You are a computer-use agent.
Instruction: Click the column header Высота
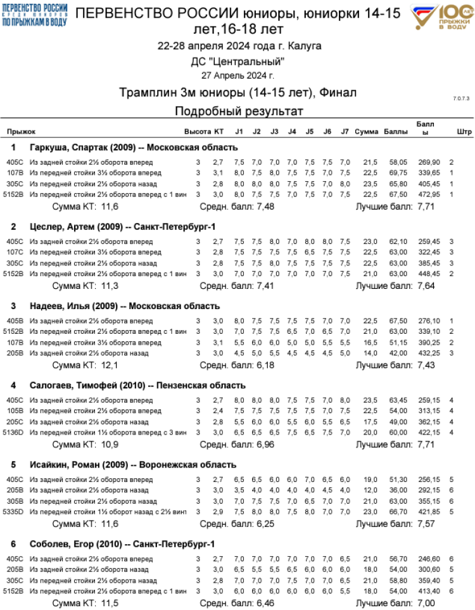coord(197,132)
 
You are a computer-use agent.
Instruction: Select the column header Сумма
coord(366,132)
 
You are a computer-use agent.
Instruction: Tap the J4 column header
coord(292,132)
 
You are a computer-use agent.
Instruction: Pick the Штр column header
coord(464,132)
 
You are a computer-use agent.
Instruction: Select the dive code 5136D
coord(15,432)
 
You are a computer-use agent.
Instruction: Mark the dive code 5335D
coord(15,511)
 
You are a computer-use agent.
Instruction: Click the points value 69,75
coord(398,172)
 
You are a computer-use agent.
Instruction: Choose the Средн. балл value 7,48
coord(267,207)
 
